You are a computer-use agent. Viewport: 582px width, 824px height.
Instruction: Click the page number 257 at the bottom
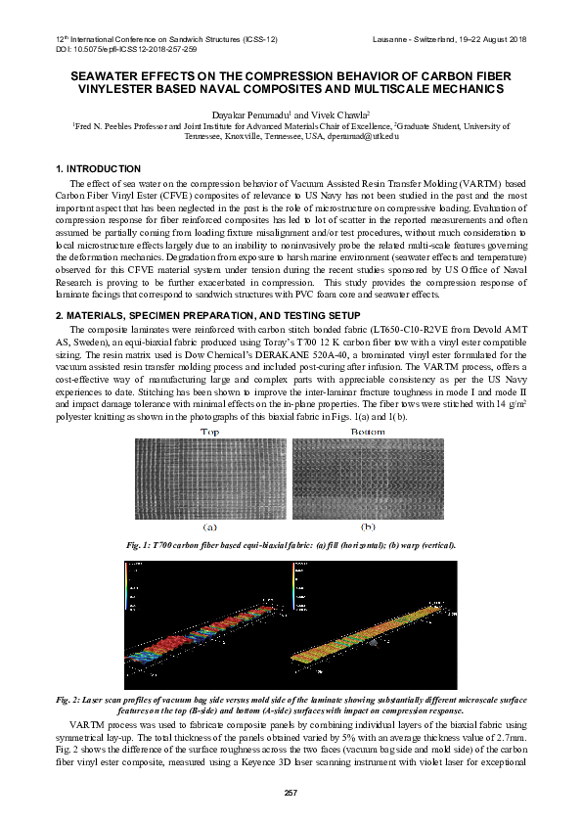click(x=291, y=792)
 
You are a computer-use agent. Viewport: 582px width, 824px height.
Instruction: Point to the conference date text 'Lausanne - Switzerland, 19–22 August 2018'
click(x=450, y=39)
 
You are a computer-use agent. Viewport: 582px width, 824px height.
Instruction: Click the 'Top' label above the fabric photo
click(x=209, y=432)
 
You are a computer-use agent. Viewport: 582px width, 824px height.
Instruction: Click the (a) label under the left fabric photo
click(x=209, y=526)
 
